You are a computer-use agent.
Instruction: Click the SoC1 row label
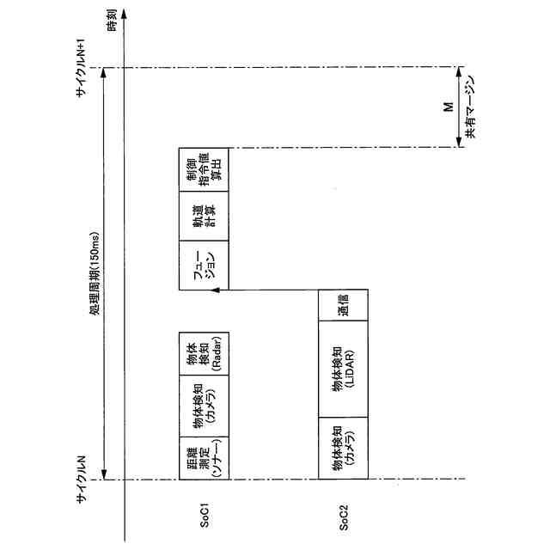pos(205,522)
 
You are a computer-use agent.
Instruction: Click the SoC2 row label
pos(344,522)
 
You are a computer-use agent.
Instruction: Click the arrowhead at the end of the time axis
pos(125,15)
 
